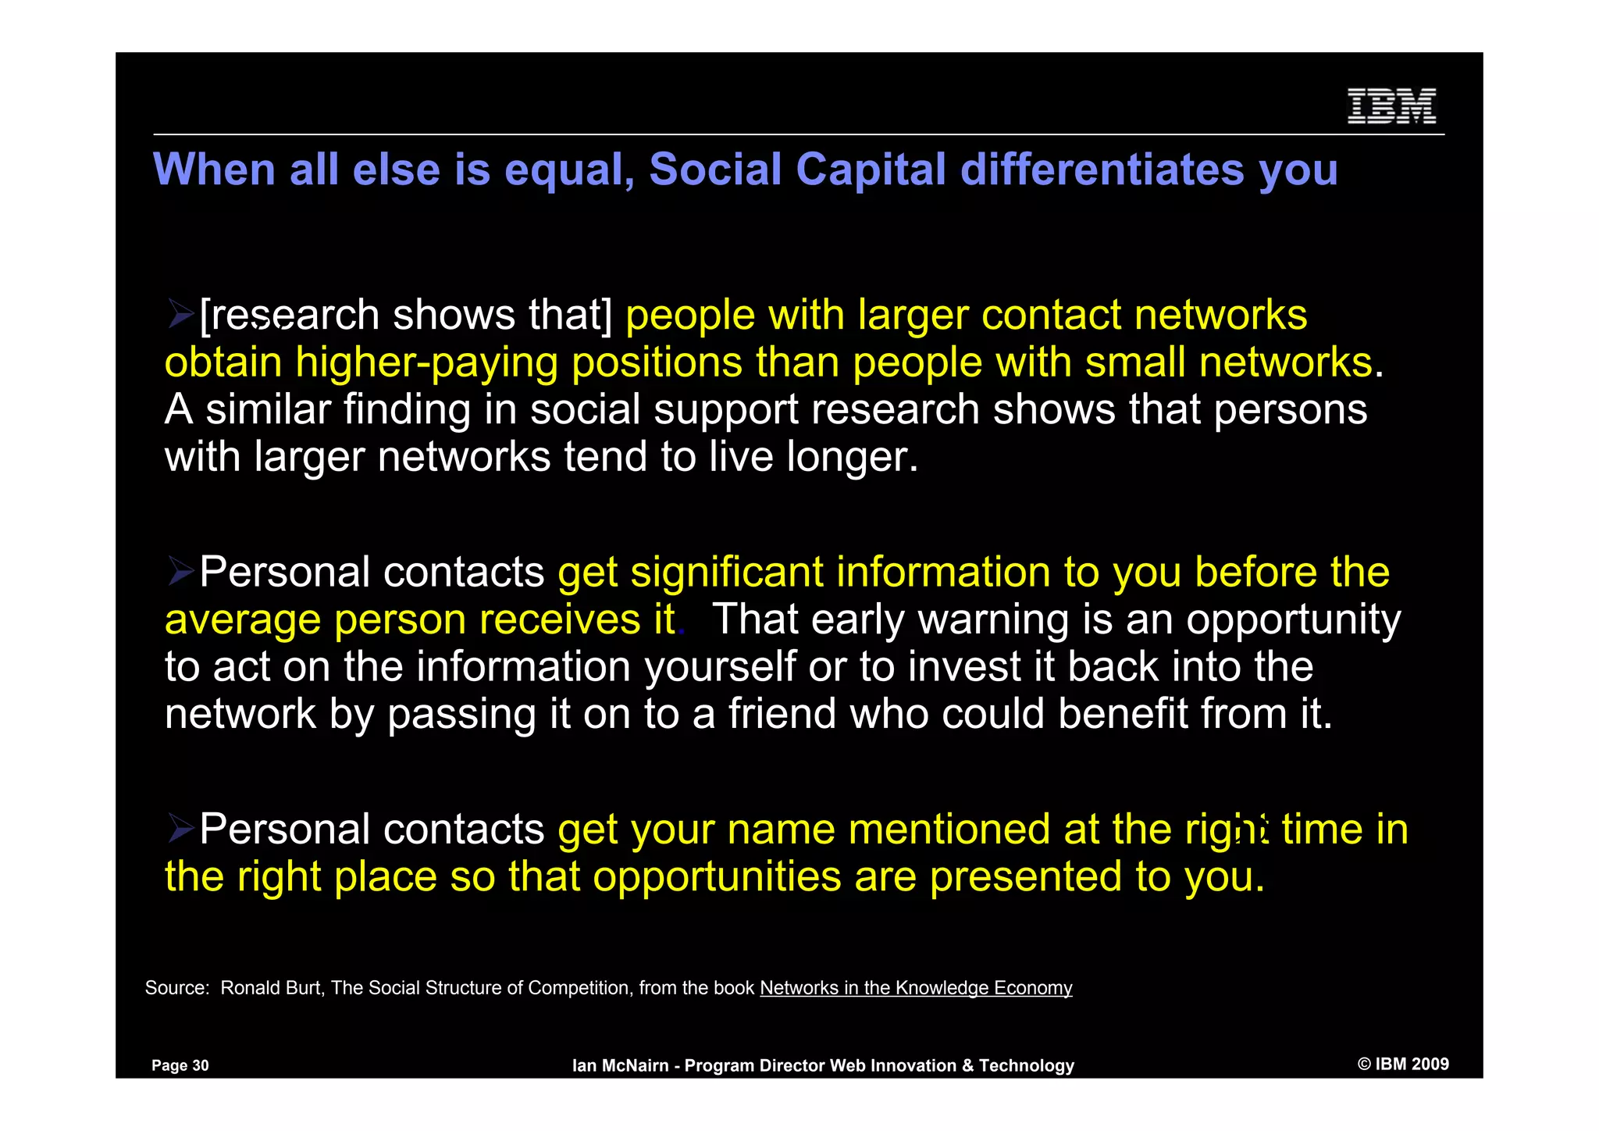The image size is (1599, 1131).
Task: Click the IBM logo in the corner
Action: pos(1391,106)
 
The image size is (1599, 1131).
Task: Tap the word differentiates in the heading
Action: pos(1102,169)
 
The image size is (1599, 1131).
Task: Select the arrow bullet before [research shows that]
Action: pos(181,315)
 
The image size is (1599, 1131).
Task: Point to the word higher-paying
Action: pos(427,363)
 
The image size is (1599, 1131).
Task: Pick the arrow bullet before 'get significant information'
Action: pos(181,573)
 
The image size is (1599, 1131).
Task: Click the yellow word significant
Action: pos(727,573)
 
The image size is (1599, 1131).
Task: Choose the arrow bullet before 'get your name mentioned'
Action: pos(181,830)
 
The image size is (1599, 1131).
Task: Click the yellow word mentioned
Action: pos(949,830)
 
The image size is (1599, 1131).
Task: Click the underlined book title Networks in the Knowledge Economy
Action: pos(916,988)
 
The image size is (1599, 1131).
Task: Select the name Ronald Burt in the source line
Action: pos(271,988)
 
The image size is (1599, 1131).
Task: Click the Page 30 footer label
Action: pos(180,1065)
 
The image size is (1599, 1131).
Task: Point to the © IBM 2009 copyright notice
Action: pos(1403,1064)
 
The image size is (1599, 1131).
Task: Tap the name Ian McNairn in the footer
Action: pos(621,1065)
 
